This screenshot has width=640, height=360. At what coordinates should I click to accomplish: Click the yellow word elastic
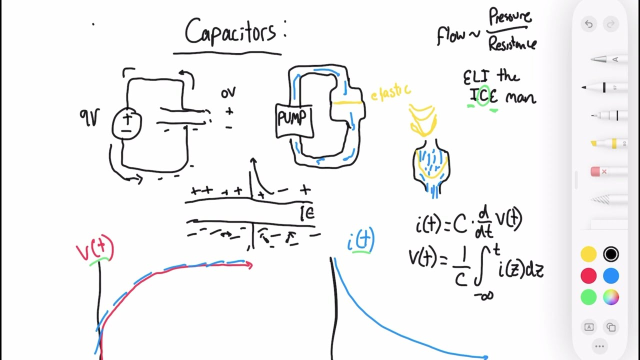coord(390,92)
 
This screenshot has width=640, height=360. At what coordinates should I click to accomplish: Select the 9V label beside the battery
coord(89,118)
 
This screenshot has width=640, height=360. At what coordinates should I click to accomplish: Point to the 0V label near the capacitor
coord(228,93)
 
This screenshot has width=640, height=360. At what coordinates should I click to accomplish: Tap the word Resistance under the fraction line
coord(512,44)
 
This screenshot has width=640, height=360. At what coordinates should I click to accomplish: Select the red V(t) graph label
coord(95,250)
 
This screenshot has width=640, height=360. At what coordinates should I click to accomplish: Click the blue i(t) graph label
coord(361,241)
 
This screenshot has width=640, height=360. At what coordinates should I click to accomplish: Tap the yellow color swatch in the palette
coord(588,254)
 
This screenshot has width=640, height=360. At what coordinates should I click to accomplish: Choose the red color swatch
coord(588,276)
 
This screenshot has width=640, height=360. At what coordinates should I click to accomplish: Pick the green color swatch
coord(588,297)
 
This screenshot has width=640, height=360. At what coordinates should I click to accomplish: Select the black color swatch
coord(610,254)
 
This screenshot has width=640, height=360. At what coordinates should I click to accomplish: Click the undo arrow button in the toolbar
coord(588,24)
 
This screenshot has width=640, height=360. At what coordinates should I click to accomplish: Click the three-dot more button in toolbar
coord(599,346)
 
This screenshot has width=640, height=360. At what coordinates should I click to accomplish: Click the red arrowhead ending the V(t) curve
coord(248,265)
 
